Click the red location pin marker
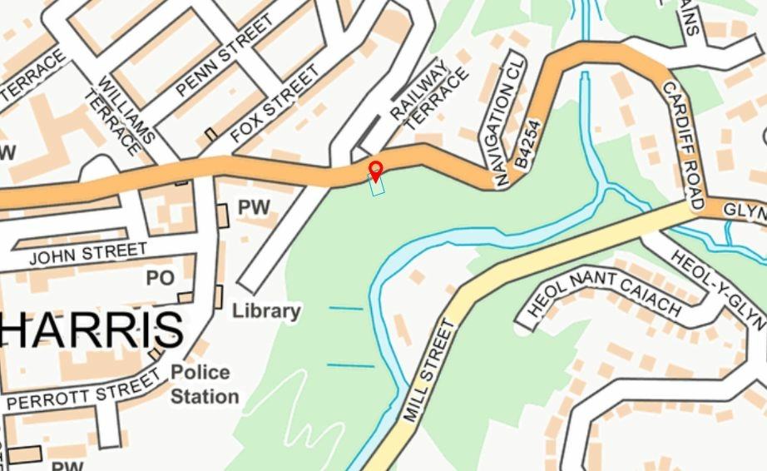(375, 170)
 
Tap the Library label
(266, 311)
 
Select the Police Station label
(205, 384)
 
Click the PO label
(161, 277)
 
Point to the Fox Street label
(275, 104)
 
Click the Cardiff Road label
(684, 144)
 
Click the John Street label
(88, 253)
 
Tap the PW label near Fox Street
(255, 207)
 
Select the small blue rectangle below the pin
(377, 186)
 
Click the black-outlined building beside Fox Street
(211, 134)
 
